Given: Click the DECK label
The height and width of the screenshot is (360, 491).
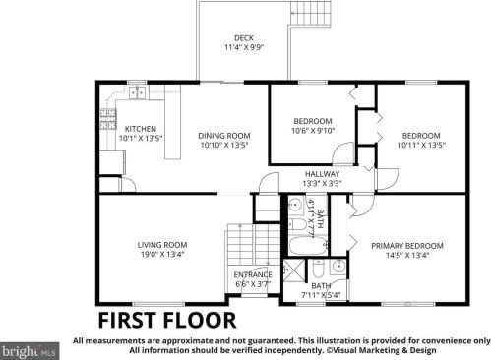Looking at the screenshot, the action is (x=244, y=38).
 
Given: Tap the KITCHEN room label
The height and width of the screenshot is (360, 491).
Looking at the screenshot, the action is (x=141, y=129).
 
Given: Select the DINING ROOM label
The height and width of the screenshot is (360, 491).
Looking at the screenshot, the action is (x=224, y=136).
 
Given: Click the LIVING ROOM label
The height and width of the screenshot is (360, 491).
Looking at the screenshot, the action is (x=162, y=245).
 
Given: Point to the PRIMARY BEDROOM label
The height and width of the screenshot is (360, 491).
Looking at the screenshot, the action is (x=407, y=246).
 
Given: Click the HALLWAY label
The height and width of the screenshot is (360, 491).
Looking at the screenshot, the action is (x=323, y=174).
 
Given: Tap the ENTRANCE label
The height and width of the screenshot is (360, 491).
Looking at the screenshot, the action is (x=253, y=274).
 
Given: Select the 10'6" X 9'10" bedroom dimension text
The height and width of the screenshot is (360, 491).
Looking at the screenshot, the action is (x=313, y=131).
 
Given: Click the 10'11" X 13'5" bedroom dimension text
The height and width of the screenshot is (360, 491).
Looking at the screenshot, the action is (x=421, y=145).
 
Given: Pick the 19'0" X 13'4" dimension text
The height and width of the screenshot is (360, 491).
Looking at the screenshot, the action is (x=162, y=254).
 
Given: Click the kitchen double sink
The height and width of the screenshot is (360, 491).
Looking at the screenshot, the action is (x=138, y=93).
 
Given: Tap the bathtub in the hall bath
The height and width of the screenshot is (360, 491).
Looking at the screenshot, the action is (x=308, y=245).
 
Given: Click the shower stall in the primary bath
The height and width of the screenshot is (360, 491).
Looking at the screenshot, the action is (x=293, y=270).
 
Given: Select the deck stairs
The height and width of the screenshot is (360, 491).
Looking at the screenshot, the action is (x=310, y=13).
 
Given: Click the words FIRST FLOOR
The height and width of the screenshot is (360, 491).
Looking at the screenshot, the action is (x=167, y=321).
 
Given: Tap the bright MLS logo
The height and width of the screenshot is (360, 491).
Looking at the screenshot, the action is (x=30, y=351).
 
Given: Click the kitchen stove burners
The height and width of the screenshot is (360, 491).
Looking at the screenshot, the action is (x=108, y=119).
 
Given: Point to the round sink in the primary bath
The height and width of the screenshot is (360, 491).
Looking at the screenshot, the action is (x=338, y=266).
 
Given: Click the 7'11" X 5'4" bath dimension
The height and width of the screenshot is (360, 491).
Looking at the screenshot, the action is (x=321, y=295).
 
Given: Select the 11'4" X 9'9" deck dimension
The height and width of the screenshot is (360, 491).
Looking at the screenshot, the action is (x=244, y=47).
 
